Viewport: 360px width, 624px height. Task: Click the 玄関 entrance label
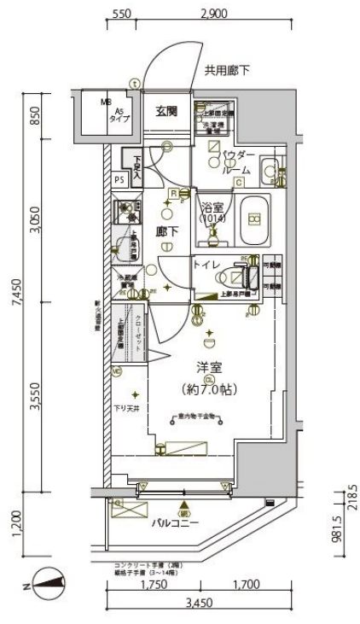point(167,109)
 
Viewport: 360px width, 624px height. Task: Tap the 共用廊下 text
point(226,70)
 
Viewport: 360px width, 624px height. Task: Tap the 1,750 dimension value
point(151,586)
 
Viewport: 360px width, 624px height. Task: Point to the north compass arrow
point(52,585)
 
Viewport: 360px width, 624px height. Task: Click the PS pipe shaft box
point(119,180)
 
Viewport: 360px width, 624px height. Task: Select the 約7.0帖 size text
point(211,388)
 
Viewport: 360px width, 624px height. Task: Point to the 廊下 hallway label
point(167,230)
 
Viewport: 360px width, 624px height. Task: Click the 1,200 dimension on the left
point(16,519)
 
